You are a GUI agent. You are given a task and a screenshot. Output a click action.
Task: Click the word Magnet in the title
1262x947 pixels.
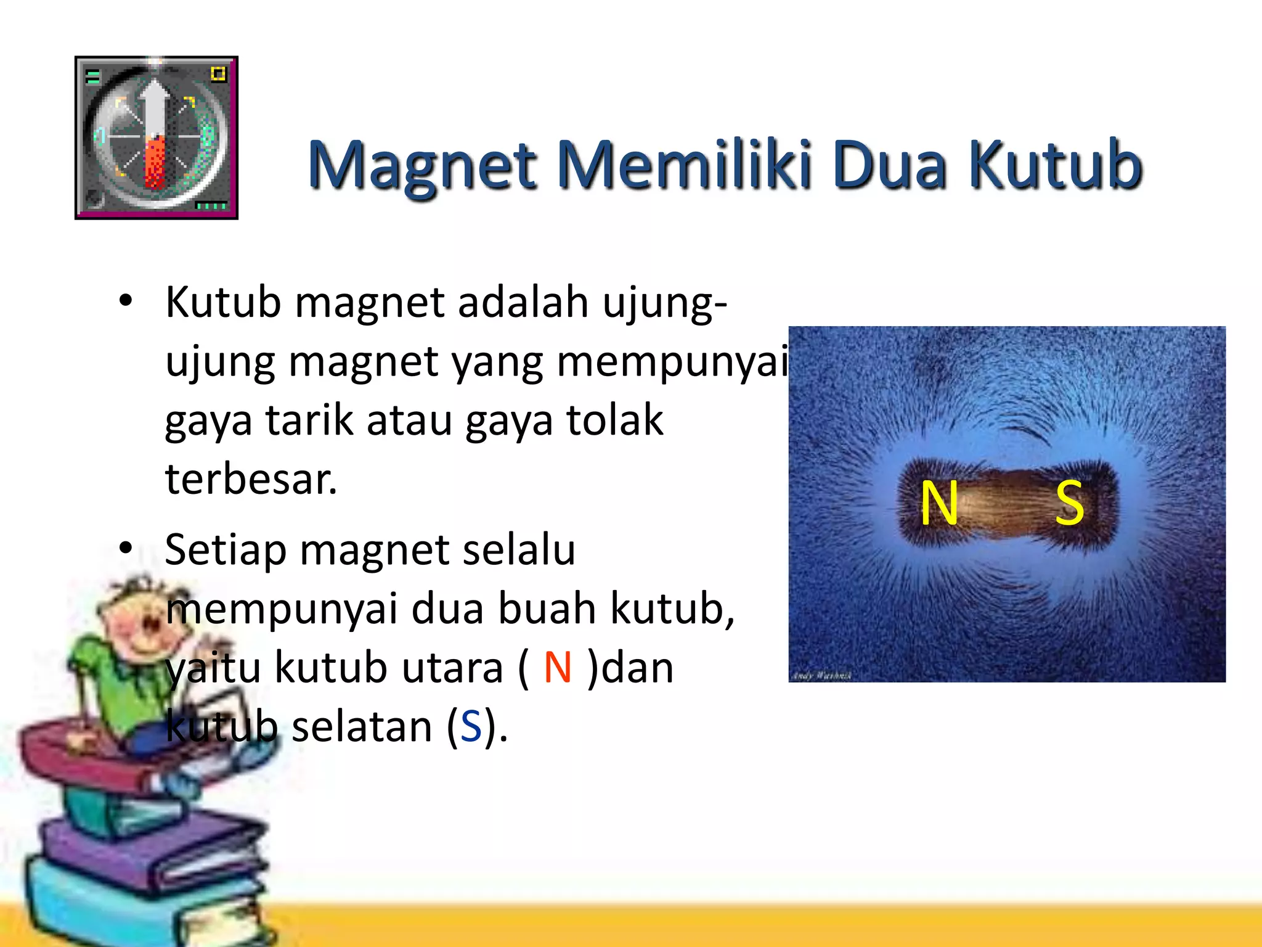tap(423, 165)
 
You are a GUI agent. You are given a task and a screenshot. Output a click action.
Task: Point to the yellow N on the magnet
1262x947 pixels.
tap(939, 504)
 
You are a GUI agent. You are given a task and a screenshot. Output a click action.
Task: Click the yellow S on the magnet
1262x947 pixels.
tap(1070, 504)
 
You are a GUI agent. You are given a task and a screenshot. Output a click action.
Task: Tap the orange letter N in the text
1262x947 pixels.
tap(558, 668)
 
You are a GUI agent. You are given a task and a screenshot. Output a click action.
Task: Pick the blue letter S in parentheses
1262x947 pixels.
tap(471, 726)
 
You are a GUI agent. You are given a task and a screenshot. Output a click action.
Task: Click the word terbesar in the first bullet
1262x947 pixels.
tap(251, 479)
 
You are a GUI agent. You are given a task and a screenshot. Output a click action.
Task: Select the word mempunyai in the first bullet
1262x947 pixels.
tap(672, 362)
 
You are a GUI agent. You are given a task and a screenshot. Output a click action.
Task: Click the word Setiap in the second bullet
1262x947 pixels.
tap(225, 549)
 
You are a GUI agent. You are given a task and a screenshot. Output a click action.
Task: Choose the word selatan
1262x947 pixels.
tap(362, 726)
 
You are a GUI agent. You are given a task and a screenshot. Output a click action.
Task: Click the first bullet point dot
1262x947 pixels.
tap(126, 301)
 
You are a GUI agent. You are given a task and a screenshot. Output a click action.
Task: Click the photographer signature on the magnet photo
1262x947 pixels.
tap(821, 676)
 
